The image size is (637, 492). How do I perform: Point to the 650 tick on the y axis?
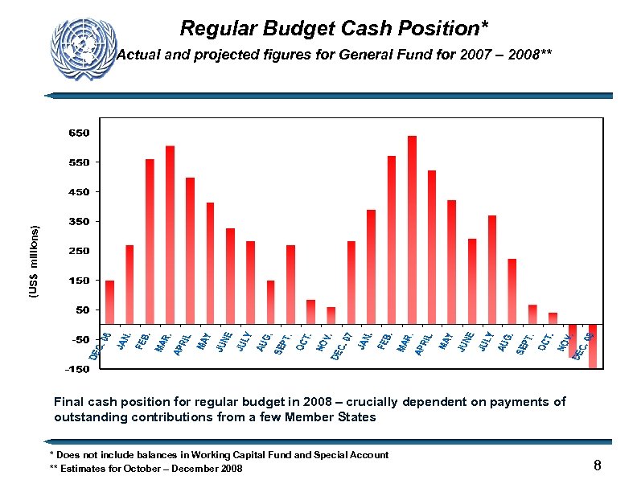point(79,133)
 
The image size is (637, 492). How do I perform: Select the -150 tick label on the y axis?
point(77,369)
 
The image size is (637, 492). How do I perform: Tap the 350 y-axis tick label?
point(79,221)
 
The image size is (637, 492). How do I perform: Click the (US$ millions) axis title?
point(35,262)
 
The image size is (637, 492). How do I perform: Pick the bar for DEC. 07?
point(351,282)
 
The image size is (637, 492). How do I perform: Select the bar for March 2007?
point(171,235)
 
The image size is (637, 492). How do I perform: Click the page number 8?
point(598,465)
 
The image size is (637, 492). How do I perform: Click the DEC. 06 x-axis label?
point(101,345)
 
